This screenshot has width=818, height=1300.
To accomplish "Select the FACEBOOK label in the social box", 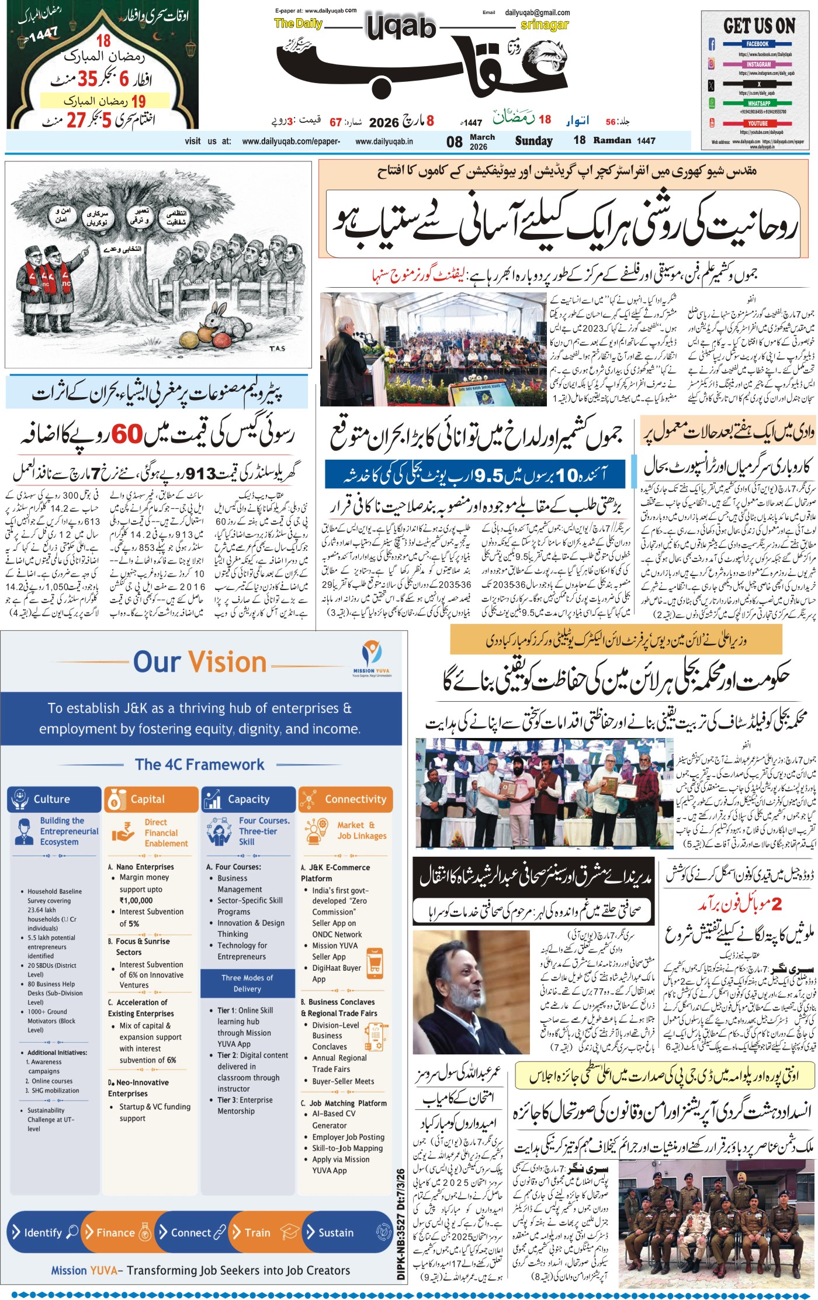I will coord(757,44).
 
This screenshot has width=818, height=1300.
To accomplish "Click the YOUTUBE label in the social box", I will coord(757,123).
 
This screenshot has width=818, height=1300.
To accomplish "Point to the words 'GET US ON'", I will coord(759,26).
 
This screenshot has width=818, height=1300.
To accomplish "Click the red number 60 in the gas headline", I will coord(127,435).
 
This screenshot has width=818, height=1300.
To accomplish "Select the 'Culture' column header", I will coord(51,799).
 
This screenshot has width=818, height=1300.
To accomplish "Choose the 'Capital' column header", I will coord(147,799).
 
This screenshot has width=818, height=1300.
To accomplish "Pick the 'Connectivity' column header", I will coord(355,799).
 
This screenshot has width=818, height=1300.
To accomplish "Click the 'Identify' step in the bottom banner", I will coord(43,1232).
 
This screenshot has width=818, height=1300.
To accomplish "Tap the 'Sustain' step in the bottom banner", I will coord(336,1232).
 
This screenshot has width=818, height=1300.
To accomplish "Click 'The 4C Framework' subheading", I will coord(200,764).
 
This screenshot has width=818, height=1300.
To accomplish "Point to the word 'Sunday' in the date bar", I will coord(533,141).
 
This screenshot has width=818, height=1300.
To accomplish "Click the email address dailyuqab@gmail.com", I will coord(538,12).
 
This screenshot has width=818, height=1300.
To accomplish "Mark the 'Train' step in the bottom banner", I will coord(258,1232).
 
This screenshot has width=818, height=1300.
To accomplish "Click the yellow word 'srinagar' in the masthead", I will coord(544,25).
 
